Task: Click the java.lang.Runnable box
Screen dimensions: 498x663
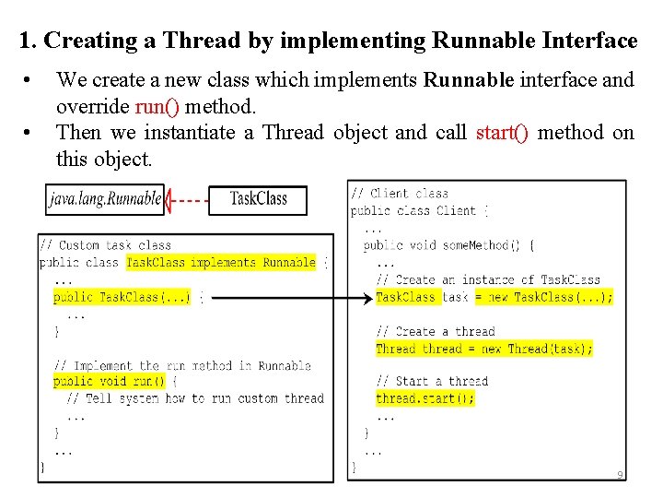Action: [105, 198]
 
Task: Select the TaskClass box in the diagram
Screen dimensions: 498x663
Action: [258, 198]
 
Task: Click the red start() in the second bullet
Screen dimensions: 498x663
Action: [502, 133]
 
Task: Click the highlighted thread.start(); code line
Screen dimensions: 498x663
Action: [425, 398]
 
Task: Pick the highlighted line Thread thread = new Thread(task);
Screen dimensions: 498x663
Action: [484, 349]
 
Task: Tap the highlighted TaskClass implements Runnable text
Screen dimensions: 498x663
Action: [221, 263]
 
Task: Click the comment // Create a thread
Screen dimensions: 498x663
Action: [435, 331]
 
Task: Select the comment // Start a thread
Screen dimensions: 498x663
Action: [431, 381]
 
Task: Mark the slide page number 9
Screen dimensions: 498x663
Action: [620, 475]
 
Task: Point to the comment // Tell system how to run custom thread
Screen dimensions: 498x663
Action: [195, 398]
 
